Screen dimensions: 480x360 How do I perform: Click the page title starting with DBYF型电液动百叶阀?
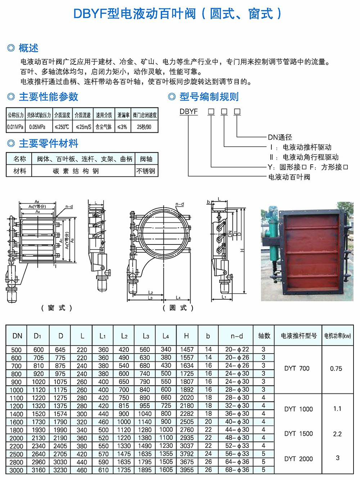(177, 14)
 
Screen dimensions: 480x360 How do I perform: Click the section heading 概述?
(28, 48)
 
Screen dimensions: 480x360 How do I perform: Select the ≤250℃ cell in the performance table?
(62, 127)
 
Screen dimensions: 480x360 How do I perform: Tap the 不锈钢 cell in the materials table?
(146, 171)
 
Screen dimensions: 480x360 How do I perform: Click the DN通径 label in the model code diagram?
(280, 137)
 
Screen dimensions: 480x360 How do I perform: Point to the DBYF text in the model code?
(189, 112)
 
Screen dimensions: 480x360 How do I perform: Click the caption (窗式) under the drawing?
(57, 308)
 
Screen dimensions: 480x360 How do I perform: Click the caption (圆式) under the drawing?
(178, 308)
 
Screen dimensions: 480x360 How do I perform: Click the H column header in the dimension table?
(186, 336)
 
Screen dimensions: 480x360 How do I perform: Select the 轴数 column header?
(264, 336)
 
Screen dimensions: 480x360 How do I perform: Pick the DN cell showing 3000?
(16, 470)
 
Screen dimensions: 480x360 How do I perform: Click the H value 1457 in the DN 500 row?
(187, 350)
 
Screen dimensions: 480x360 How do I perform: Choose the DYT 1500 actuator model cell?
(298, 434)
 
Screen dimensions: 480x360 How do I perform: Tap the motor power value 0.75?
(336, 369)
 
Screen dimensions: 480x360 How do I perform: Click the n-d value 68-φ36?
(237, 470)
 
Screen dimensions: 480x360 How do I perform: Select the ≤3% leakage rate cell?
(122, 127)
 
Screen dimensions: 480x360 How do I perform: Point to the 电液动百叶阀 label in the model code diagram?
(289, 177)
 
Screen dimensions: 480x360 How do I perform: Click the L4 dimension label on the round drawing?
(178, 298)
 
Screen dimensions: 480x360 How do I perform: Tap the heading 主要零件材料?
(48, 144)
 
